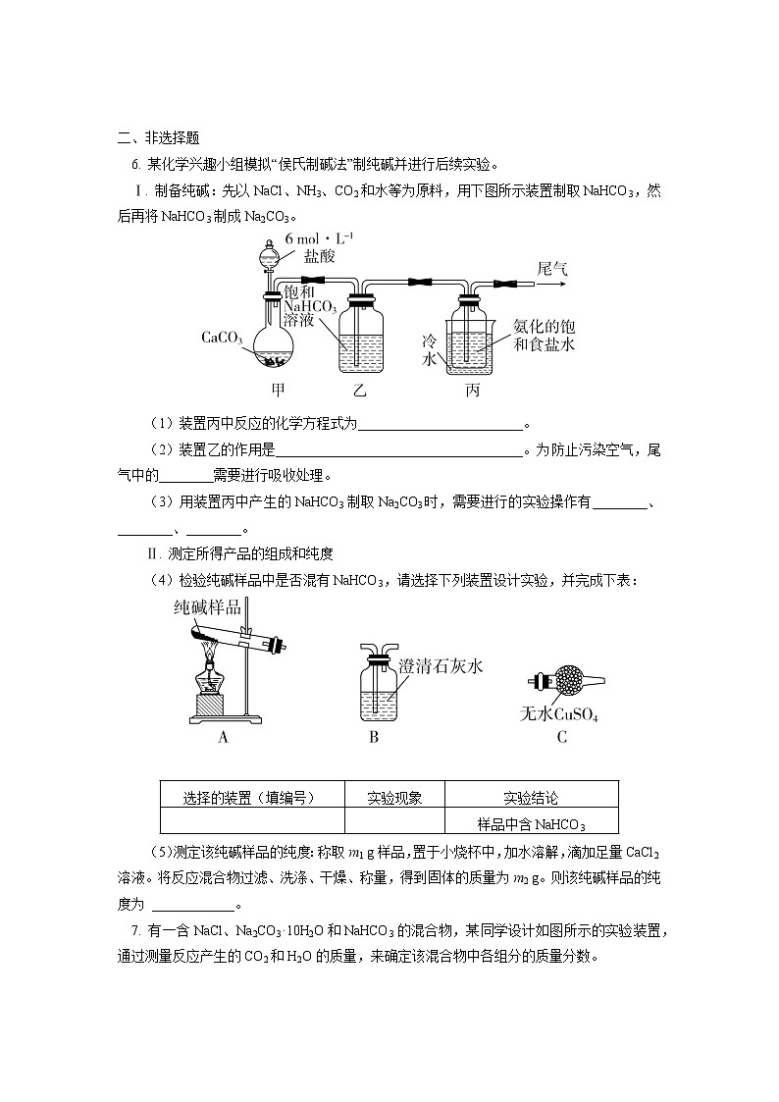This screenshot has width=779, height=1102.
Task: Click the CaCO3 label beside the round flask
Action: point(222,338)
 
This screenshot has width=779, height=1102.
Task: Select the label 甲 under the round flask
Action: point(278,390)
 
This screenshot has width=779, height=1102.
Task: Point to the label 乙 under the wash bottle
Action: point(359,391)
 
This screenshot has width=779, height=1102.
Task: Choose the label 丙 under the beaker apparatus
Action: point(472,391)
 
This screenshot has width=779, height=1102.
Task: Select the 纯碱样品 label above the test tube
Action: point(206,607)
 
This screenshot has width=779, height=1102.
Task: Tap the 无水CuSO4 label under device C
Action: point(558,713)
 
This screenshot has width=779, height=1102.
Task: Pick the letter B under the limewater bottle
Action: point(374,738)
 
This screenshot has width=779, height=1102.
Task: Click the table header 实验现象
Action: point(394,798)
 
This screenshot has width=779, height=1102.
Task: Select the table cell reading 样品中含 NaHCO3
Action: point(531,823)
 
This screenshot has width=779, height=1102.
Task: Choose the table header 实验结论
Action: point(531,798)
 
